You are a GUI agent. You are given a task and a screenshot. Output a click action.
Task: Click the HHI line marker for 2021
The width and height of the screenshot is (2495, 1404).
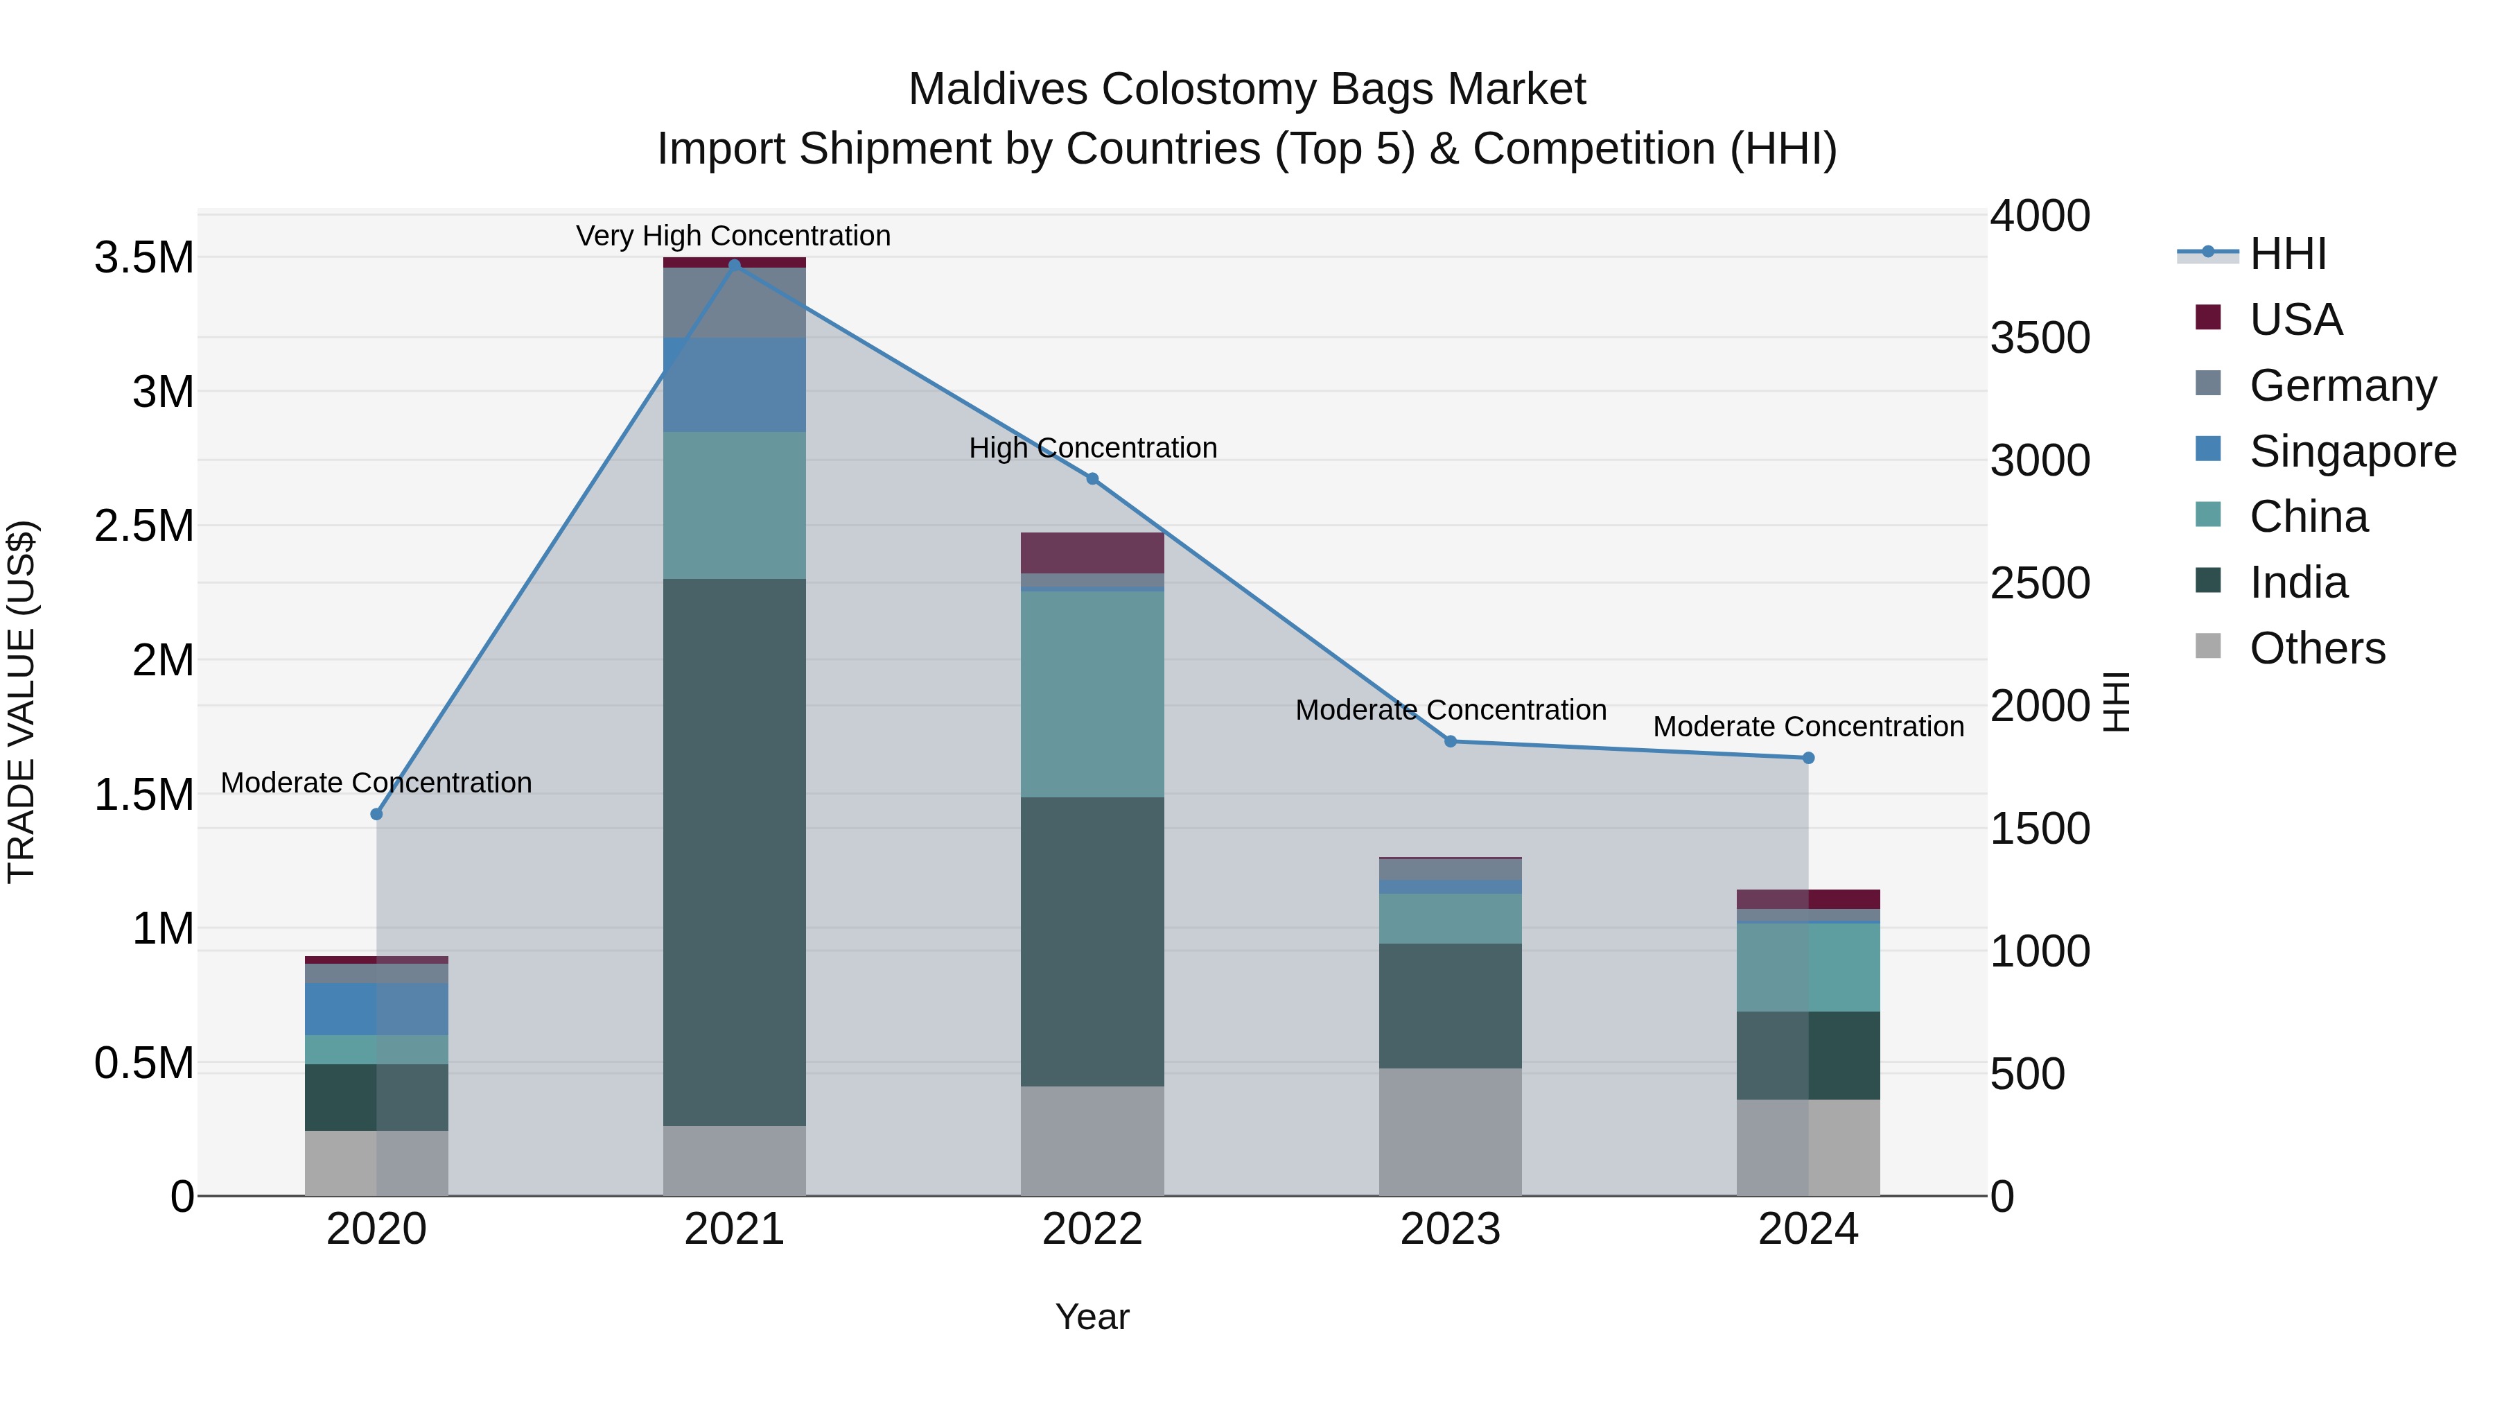pos(734,266)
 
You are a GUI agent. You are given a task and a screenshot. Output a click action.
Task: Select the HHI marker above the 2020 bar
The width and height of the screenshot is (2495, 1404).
pos(377,814)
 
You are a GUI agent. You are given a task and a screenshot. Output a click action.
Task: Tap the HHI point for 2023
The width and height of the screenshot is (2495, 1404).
pos(1450,741)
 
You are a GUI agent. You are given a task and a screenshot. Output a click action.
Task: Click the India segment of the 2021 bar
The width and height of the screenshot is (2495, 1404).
pos(734,853)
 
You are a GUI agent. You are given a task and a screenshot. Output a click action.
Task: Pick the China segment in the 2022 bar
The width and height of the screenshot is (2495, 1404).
pos(1092,694)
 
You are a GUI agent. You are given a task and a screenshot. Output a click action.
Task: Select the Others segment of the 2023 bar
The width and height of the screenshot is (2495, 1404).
pos(1450,1132)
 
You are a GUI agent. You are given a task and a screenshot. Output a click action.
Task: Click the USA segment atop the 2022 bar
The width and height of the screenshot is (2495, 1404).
pos(1092,553)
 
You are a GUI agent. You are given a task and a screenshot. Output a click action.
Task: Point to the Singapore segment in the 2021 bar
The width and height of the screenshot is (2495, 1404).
pos(734,385)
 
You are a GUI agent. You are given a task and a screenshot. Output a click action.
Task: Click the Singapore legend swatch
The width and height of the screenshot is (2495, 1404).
pos(2207,449)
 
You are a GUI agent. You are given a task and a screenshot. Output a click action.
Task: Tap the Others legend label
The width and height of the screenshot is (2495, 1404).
pos(2317,648)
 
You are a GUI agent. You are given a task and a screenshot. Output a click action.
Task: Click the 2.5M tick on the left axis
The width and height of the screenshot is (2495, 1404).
pos(143,526)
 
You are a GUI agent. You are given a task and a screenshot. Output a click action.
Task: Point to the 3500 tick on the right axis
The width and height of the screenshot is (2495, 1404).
pos(2040,338)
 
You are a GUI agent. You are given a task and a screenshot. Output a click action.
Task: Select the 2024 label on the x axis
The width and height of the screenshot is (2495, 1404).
pos(1807,1229)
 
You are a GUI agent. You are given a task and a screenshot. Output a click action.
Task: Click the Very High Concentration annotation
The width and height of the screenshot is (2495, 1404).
pos(733,236)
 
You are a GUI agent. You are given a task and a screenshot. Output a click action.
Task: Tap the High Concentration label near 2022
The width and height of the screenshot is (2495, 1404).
pos(1092,448)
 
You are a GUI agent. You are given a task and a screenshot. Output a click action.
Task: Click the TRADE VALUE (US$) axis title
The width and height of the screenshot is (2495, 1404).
pos(21,702)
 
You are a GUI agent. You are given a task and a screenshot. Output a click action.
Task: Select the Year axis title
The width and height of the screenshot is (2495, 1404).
pos(1092,1317)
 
